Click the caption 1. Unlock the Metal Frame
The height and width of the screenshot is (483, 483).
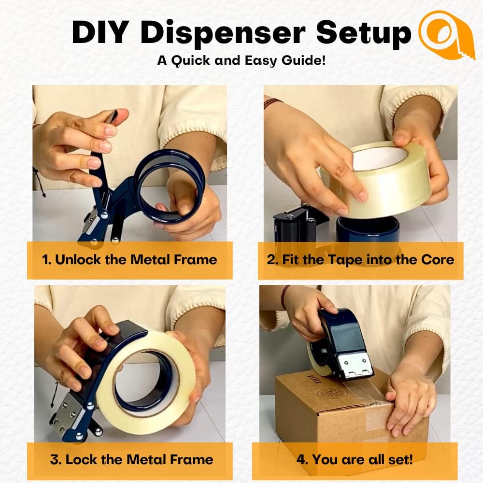(x=129, y=260)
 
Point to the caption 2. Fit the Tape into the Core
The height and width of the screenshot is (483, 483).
(x=360, y=260)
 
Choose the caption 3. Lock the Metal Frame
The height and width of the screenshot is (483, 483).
(x=131, y=459)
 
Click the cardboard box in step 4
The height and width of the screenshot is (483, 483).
(x=338, y=415)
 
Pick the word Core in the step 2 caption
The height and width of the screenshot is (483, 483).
(x=437, y=260)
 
